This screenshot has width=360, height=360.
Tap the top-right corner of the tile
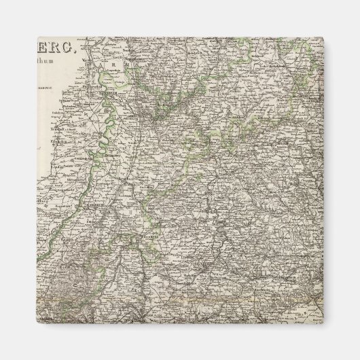point(323,37)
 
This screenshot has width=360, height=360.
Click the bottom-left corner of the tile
point(37,323)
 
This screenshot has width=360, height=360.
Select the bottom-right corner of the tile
point(323,323)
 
